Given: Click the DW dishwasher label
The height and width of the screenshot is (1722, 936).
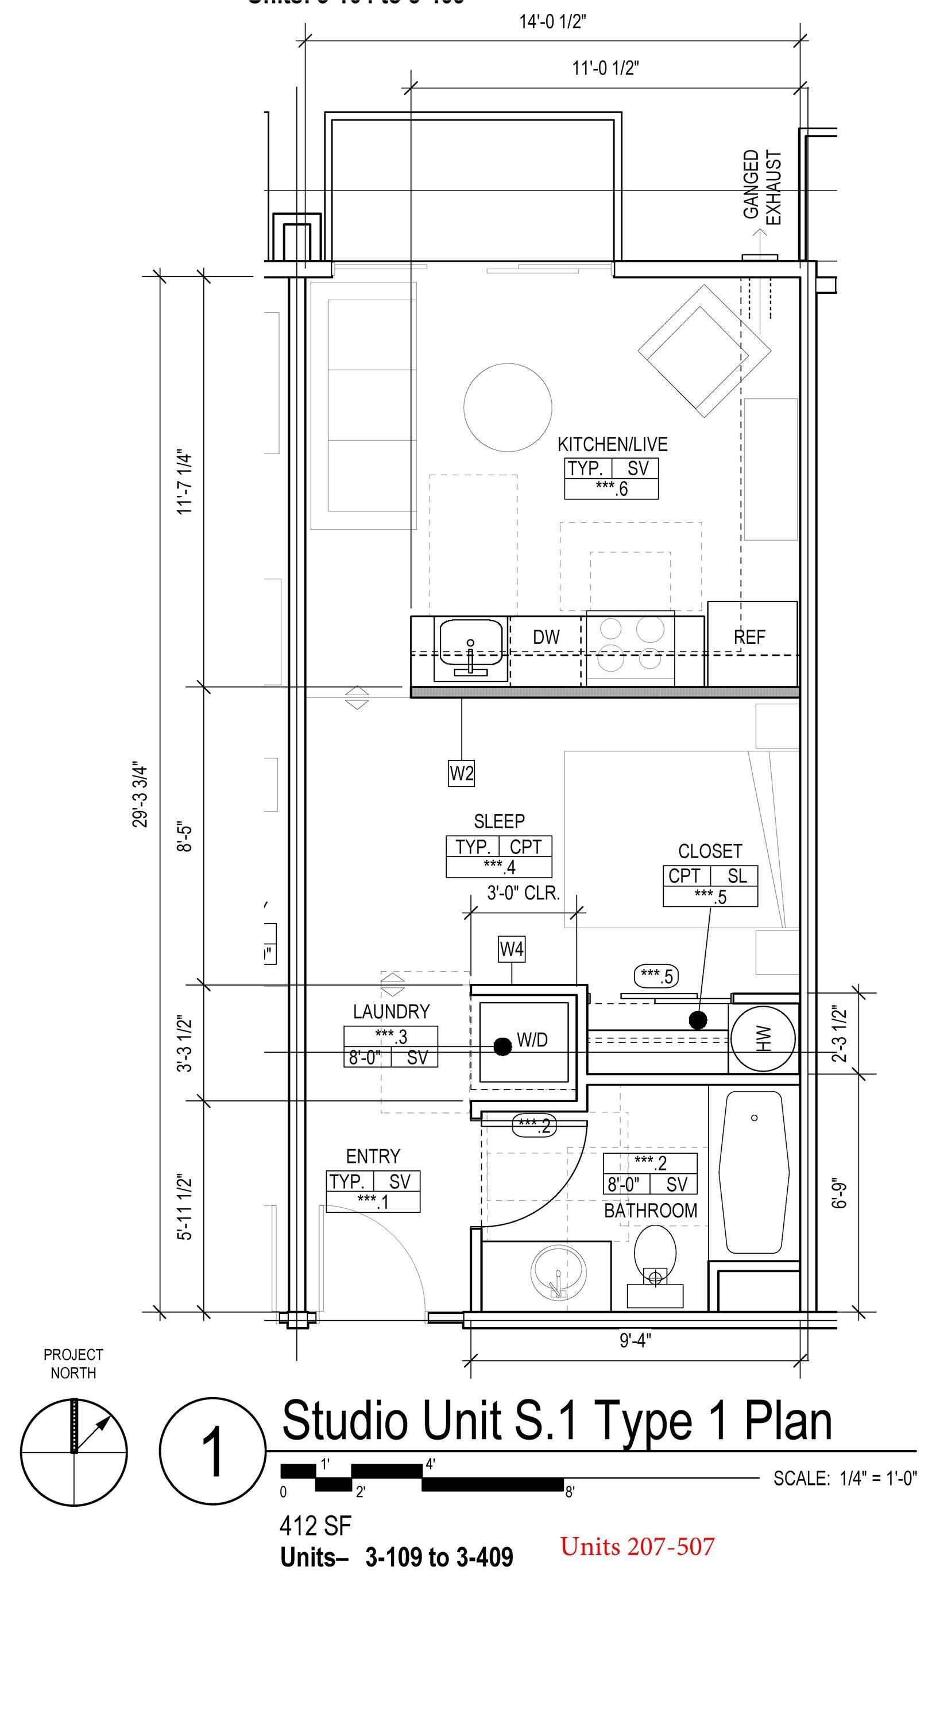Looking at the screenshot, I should [x=546, y=637].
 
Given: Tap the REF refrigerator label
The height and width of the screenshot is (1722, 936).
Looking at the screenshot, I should [x=749, y=637].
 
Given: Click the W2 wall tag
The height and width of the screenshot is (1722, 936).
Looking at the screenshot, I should [x=461, y=773].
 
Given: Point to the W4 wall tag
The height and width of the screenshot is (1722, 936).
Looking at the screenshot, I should [x=512, y=949].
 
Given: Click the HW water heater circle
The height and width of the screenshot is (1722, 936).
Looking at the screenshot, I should [x=763, y=1039].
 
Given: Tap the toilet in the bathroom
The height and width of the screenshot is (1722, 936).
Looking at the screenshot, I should [x=655, y=1254].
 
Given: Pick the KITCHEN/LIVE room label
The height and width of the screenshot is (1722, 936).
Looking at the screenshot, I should [x=612, y=444].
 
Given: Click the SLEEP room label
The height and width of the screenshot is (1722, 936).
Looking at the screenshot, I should [x=499, y=821].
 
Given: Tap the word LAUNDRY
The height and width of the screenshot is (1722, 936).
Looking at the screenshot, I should [x=391, y=1012].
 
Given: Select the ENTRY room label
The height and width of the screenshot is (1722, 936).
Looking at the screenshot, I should [x=373, y=1156].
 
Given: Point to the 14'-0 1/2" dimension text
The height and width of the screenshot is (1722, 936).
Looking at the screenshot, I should [x=552, y=22].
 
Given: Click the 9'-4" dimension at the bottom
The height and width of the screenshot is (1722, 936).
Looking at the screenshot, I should [x=635, y=1340].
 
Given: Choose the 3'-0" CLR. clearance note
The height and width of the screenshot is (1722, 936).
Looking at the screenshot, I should [x=523, y=893].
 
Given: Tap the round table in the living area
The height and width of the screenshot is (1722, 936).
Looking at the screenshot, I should [x=508, y=407].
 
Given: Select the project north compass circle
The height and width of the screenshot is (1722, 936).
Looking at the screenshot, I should [x=74, y=1453].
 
